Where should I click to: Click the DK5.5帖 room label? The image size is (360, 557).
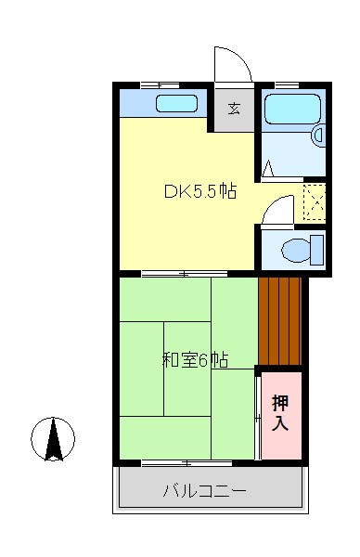coord(199,193)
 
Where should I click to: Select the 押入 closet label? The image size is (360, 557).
coord(280,413)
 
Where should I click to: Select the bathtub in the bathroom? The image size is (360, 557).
coord(292,110)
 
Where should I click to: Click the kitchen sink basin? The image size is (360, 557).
coord(175,103)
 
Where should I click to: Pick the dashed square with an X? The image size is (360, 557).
coord(315,203)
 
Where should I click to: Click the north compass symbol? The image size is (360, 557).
coord(54,439)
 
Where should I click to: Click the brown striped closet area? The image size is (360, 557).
coord(280,321)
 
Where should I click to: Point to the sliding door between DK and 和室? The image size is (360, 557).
coord(185,274)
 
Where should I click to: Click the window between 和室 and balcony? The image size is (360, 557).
coord(185,462)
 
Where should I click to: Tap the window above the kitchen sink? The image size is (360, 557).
coord(159,85)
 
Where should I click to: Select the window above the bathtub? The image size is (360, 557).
coord(288,85)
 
